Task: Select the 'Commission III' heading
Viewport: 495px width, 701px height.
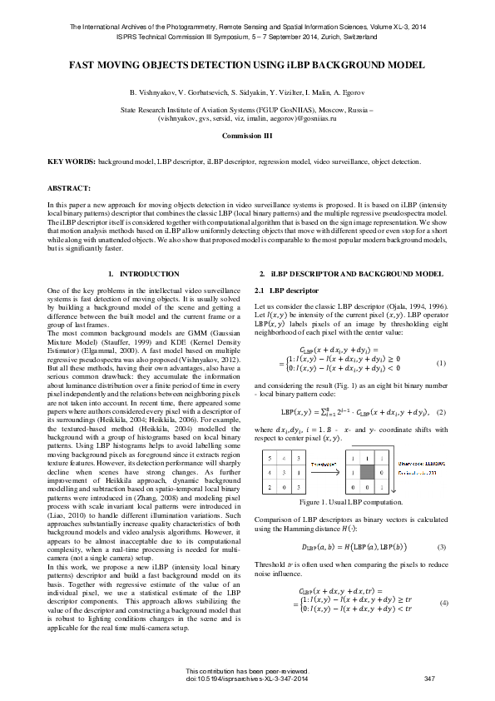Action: [247, 134]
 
